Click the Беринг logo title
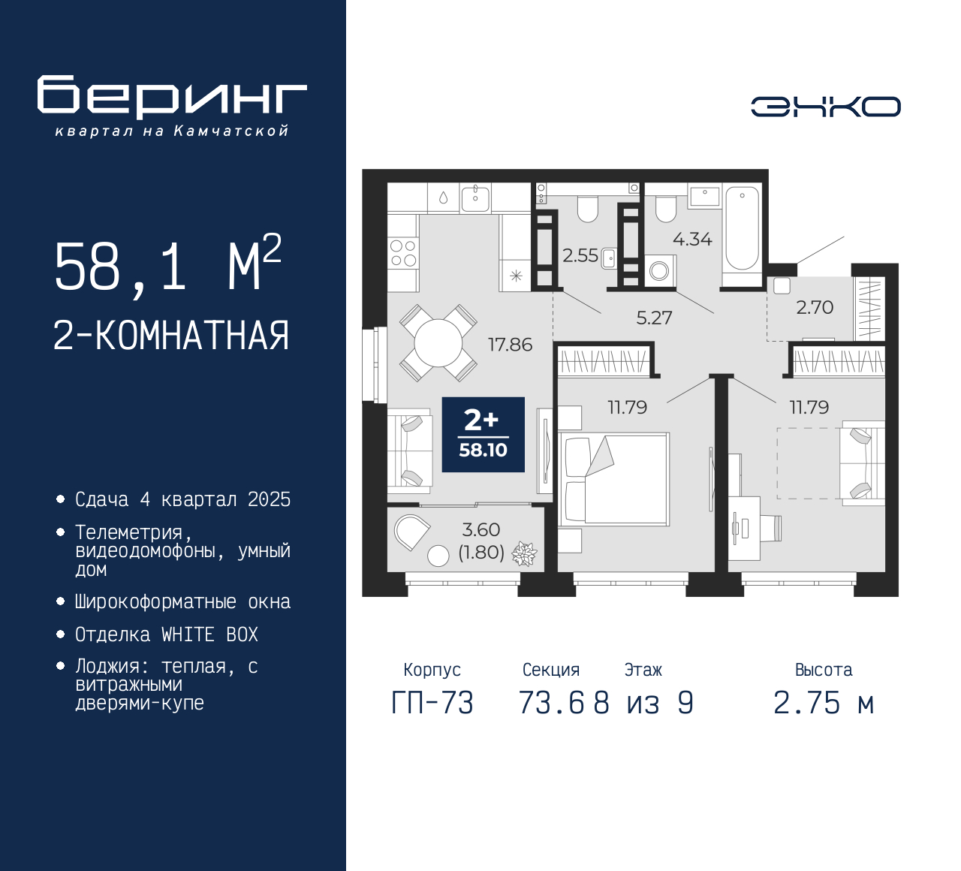point(172,96)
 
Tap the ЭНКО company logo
point(825,107)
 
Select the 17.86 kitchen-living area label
point(510,345)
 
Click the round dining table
point(438,343)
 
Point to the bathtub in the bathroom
point(742,228)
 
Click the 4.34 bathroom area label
point(692,240)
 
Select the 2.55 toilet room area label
point(580,256)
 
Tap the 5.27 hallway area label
point(654,318)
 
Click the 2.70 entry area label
point(815,307)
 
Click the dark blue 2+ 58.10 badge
point(483,435)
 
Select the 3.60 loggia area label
point(481,530)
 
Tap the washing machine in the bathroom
point(660,270)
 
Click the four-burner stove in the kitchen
point(403,253)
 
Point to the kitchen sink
point(475,199)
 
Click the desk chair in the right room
point(771,528)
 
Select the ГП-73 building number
point(432,704)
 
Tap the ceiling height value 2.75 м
point(824,704)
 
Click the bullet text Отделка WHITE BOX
point(166,634)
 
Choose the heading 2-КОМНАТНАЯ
point(171,336)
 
